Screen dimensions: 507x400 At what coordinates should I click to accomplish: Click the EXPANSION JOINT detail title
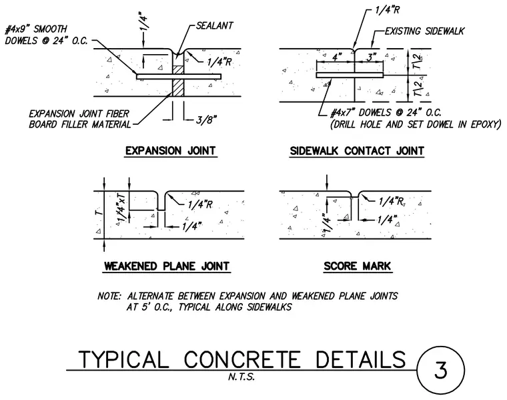click(x=170, y=151)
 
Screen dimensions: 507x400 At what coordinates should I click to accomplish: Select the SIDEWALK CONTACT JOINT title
click(x=357, y=151)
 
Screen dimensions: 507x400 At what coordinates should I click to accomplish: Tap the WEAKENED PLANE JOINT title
click(x=167, y=266)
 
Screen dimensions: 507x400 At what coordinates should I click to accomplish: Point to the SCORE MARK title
click(x=358, y=266)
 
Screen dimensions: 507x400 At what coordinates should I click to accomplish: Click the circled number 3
click(x=441, y=370)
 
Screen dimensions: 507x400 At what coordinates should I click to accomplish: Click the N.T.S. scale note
click(x=241, y=377)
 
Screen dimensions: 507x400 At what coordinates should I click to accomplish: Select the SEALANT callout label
click(x=214, y=26)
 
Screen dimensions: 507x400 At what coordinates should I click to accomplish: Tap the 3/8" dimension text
click(x=206, y=120)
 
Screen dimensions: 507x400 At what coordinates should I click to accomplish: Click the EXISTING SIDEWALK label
click(x=424, y=31)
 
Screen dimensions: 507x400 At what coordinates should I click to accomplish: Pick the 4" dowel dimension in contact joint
click(x=338, y=57)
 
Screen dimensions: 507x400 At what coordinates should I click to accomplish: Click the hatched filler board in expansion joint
click(x=178, y=81)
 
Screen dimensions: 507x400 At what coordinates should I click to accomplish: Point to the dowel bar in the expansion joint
click(x=179, y=76)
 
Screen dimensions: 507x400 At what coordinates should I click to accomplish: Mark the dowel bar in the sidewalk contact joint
click(x=350, y=75)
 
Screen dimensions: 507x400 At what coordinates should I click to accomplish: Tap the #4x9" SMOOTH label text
click(x=36, y=29)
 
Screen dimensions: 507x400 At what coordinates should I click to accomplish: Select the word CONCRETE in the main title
click(x=242, y=359)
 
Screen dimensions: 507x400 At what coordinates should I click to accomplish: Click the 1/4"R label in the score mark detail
click(x=392, y=201)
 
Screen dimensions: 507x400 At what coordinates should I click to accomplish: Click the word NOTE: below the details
click(x=109, y=296)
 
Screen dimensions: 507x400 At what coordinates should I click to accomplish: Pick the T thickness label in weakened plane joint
click(x=99, y=212)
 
